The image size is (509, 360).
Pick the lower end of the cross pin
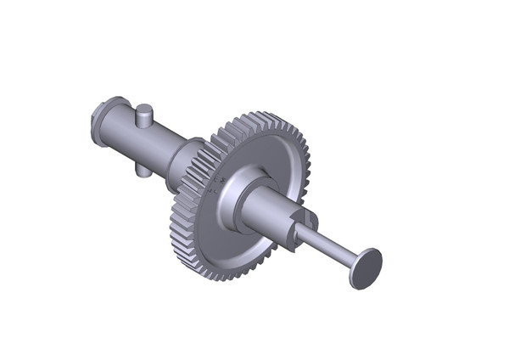point(143,171)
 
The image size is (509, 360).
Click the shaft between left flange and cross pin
point(122,132)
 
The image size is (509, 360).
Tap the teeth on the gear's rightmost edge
point(310,170)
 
